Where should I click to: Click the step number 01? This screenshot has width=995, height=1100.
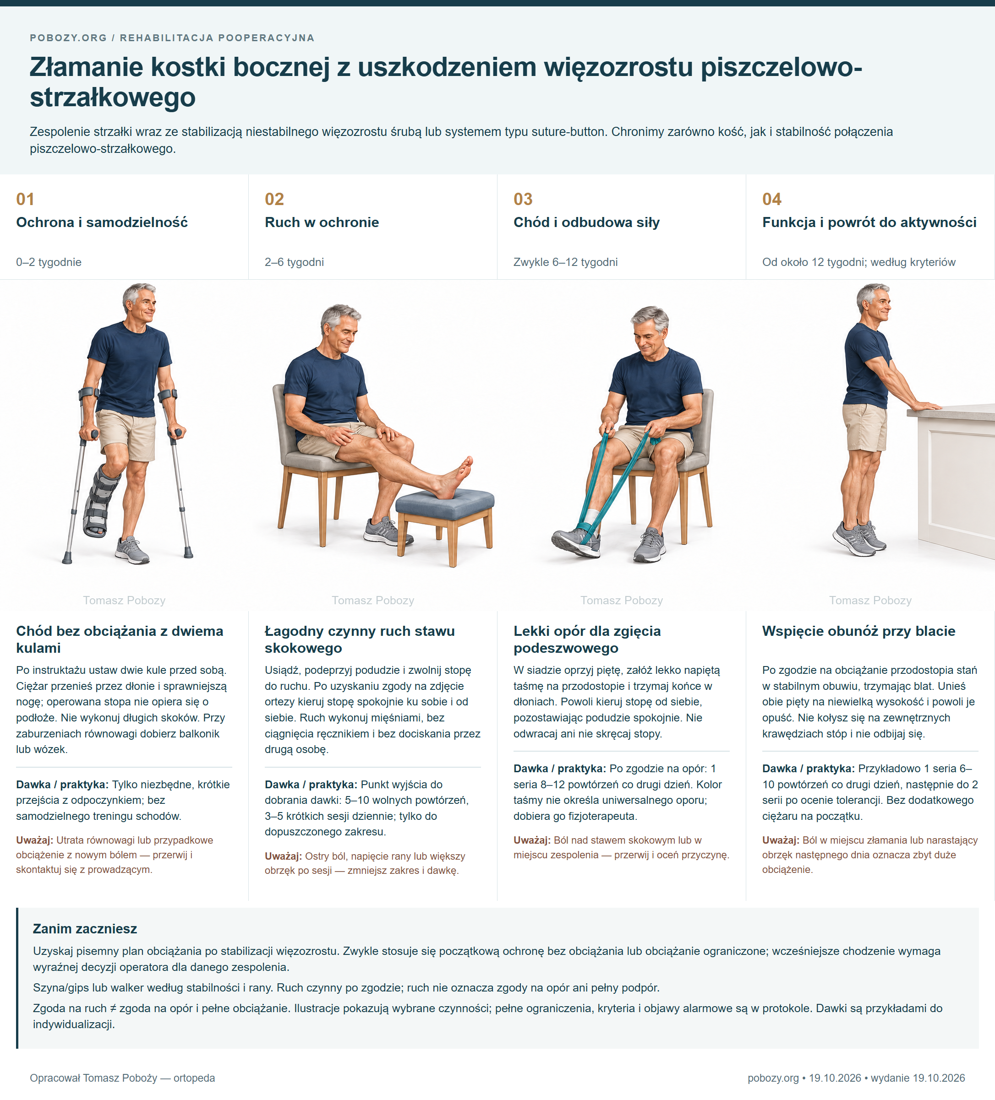point(25,199)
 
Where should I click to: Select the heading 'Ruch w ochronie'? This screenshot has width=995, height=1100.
point(322,222)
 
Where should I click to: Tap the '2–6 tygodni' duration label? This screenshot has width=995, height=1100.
point(295,262)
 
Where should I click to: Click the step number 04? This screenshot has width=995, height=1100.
point(771,199)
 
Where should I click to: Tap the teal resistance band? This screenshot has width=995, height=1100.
point(617,486)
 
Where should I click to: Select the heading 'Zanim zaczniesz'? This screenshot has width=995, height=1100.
point(85,929)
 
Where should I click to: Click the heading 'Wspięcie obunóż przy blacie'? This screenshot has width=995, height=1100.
point(858,631)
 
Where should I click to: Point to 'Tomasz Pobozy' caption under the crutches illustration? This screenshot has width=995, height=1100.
point(124,600)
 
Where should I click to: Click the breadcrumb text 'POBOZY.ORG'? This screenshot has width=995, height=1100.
point(68,38)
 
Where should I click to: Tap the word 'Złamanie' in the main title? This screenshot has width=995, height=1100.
point(86,67)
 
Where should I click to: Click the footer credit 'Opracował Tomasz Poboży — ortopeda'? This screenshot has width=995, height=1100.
point(122,1078)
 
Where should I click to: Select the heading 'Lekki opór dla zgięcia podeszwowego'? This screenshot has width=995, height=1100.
point(587,639)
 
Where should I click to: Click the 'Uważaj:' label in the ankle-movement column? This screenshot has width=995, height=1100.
point(283,856)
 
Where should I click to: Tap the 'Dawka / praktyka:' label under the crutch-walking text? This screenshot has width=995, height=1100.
point(62,785)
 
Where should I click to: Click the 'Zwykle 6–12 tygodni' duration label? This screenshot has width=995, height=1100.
point(565,262)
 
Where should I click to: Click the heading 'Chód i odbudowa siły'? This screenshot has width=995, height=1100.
point(586,222)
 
